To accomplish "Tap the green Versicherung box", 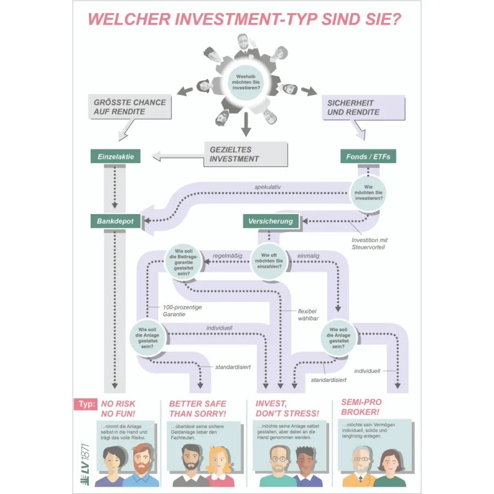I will tap(271, 221).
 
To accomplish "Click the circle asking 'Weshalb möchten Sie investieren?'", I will tap(246, 82).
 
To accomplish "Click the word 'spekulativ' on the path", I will tap(267, 187).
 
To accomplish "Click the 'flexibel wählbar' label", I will tap(307, 315).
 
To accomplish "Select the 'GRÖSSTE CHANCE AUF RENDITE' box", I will tap(129, 107).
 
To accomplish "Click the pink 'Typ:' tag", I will tap(85, 405).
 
